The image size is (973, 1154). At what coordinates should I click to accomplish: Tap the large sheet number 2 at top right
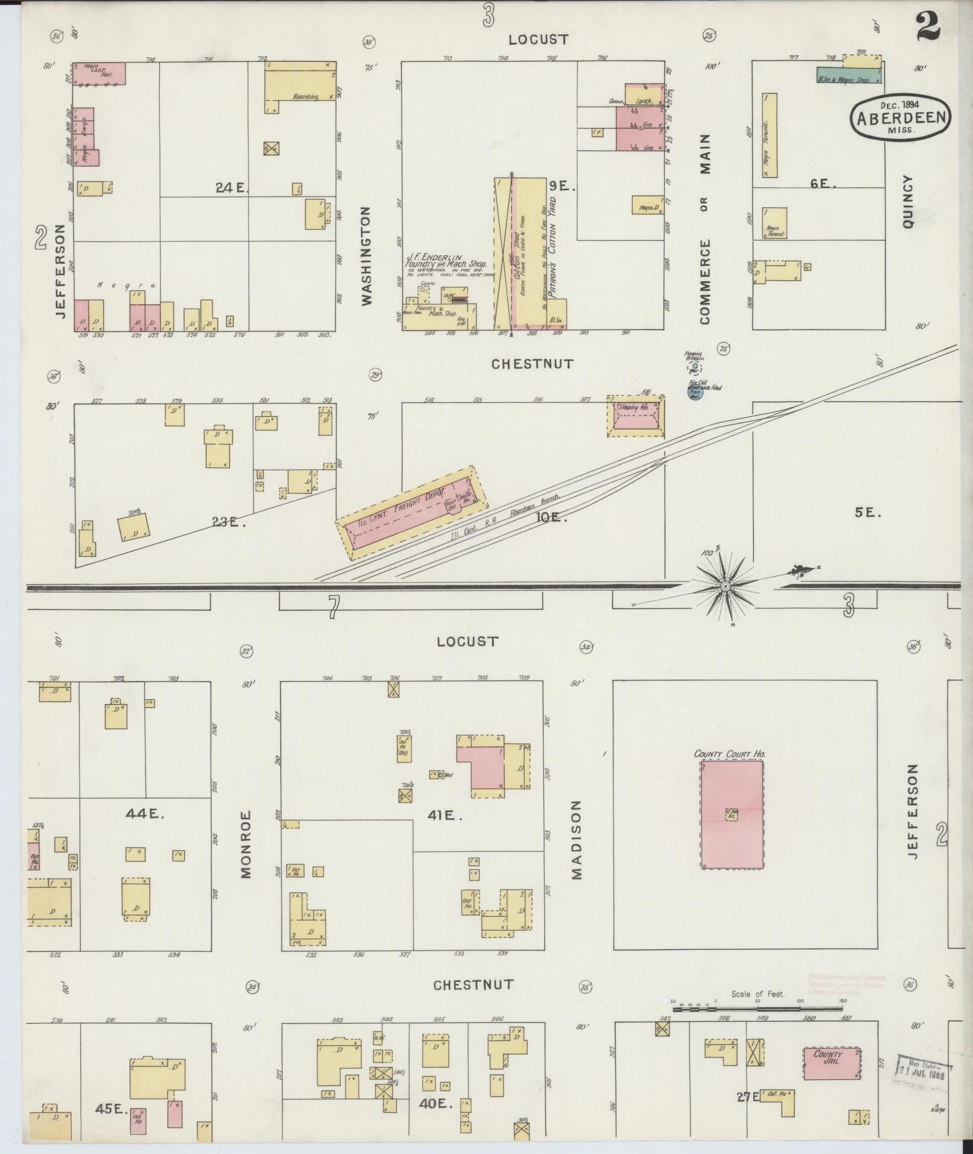point(928,27)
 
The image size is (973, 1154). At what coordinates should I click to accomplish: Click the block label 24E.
point(232,188)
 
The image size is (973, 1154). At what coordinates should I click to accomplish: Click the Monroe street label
point(246,844)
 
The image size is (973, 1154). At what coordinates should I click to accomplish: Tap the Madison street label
point(575,840)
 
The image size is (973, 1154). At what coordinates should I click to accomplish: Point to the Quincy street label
point(908,201)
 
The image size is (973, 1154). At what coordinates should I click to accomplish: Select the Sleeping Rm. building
point(635,416)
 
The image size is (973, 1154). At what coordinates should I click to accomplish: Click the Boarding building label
point(305,97)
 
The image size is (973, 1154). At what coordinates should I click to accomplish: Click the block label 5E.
point(868,513)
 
